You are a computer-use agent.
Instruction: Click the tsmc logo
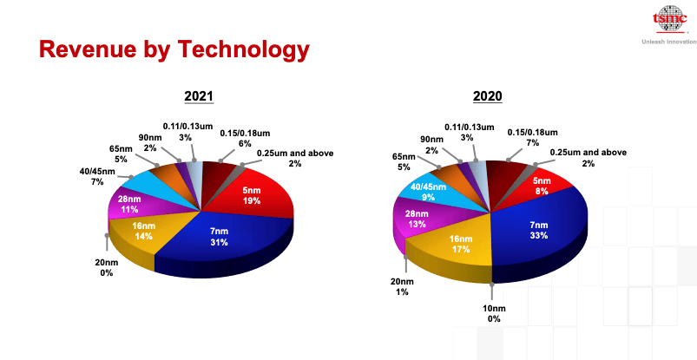click(x=670, y=19)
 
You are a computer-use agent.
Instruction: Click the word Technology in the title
click(x=243, y=49)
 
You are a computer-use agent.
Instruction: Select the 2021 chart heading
click(x=199, y=96)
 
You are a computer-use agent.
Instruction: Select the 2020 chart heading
click(x=488, y=96)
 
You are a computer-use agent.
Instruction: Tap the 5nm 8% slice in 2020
click(x=540, y=187)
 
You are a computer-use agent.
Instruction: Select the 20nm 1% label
click(x=402, y=287)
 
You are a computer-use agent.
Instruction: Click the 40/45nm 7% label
click(x=97, y=176)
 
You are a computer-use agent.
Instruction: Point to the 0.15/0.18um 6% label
click(x=245, y=138)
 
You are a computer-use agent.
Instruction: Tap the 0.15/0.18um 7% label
click(x=533, y=137)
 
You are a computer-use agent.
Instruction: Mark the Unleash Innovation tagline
click(x=669, y=42)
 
